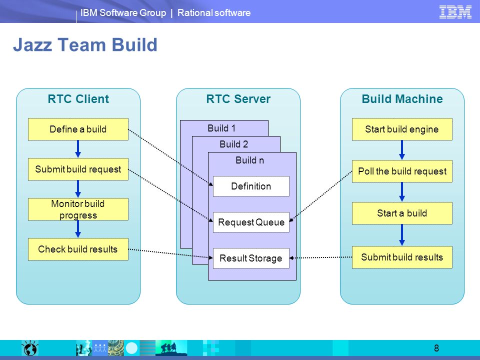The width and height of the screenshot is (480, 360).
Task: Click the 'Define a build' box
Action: pyautogui.click(x=78, y=129)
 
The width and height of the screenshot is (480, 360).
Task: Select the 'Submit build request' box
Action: pyautogui.click(x=78, y=169)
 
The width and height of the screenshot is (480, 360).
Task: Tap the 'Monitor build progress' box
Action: pyautogui.click(x=78, y=209)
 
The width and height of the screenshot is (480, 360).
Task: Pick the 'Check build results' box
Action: pyautogui.click(x=78, y=249)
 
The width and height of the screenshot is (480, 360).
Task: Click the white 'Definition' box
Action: pyautogui.click(x=251, y=186)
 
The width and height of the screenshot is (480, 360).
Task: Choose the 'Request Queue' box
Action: pyautogui.click(x=251, y=222)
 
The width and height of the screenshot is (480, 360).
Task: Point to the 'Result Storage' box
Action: pyautogui.click(x=251, y=258)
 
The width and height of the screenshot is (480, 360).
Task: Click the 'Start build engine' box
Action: pyautogui.click(x=402, y=129)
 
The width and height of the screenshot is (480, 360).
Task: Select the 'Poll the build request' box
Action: pyautogui.click(x=402, y=171)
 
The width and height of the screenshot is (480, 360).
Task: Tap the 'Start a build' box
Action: pyautogui.click(x=402, y=213)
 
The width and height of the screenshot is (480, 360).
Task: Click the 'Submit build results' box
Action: pyautogui.click(x=402, y=257)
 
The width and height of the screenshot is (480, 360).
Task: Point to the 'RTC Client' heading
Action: pyautogui.click(x=78, y=99)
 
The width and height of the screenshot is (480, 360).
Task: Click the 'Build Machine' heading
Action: pyautogui.click(x=402, y=99)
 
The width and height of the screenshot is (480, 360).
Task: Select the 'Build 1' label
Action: pyautogui.click(x=221, y=128)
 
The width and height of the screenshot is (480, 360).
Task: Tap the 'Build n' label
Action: pyautogui.click(x=250, y=160)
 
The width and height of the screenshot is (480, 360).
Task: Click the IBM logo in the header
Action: pyautogui.click(x=455, y=12)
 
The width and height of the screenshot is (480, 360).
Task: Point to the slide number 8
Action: pyautogui.click(x=436, y=348)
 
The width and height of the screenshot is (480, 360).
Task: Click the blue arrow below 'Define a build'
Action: pyautogui.click(x=78, y=149)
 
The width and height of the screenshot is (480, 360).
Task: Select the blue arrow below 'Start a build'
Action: pyautogui.click(x=402, y=235)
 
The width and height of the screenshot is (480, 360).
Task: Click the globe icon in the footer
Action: pyautogui.click(x=29, y=348)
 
